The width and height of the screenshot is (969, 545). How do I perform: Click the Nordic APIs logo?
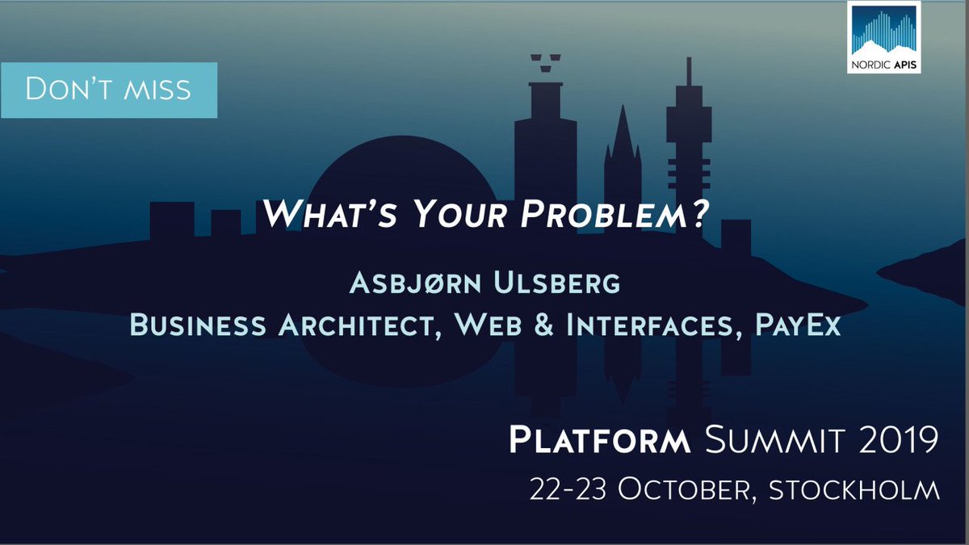[884, 38]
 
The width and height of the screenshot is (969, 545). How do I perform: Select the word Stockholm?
[857, 489]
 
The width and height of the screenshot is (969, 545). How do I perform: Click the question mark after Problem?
[699, 212]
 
